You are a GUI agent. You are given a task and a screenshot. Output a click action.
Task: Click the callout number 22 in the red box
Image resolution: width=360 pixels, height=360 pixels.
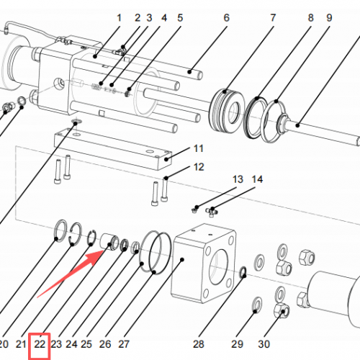[40, 344]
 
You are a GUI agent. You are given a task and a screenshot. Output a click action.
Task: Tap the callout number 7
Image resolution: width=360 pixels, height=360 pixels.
[273, 18]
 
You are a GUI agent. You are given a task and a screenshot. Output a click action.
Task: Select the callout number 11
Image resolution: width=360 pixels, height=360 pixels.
[199, 148]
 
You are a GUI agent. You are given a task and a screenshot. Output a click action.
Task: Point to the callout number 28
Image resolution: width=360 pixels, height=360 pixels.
[199, 344]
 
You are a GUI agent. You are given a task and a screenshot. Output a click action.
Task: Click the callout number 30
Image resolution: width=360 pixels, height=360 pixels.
[264, 344]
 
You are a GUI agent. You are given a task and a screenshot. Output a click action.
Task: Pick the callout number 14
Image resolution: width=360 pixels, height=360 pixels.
[257, 179]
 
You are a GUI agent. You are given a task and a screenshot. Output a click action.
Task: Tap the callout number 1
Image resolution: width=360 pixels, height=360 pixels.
[119, 18]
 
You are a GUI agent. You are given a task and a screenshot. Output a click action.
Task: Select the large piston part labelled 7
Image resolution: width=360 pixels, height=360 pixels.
[226, 111]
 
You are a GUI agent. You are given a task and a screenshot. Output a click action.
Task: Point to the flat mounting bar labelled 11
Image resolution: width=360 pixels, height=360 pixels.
[113, 149]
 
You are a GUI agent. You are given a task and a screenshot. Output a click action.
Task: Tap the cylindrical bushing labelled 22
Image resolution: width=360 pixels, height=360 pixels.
[109, 242]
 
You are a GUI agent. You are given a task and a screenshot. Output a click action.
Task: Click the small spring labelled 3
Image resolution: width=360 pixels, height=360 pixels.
[96, 86]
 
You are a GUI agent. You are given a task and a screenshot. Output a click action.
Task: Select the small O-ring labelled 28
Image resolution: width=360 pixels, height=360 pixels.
[243, 272]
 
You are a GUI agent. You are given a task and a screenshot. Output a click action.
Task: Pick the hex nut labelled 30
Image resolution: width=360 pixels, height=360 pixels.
[282, 310]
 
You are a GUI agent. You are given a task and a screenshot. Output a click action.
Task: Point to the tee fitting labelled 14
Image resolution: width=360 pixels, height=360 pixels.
[212, 212]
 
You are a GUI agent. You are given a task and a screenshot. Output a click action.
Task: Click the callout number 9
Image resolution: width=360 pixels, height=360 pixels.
[329, 18]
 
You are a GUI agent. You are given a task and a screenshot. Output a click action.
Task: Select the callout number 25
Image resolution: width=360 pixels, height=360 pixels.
[86, 344]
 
